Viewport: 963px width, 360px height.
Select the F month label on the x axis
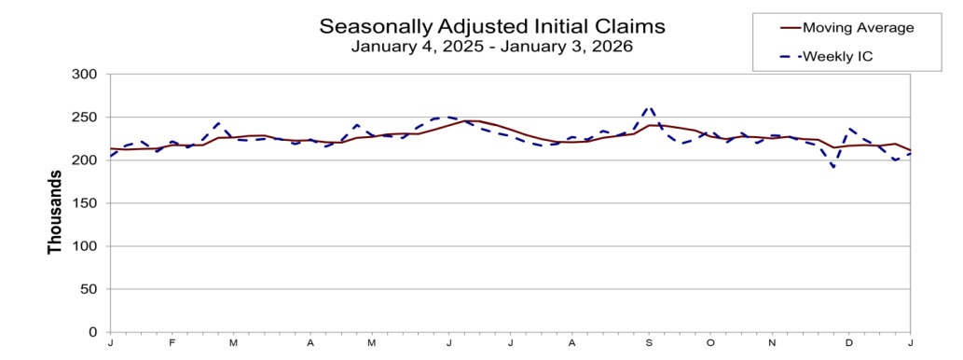tap(172, 343)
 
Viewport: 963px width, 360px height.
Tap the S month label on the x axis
tap(649, 343)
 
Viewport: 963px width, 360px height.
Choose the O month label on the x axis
tap(710, 343)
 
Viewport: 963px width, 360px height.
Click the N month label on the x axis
tap(772, 343)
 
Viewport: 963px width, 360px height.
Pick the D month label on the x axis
tap(848, 343)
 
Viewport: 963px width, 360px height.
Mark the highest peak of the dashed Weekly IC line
tap(651, 106)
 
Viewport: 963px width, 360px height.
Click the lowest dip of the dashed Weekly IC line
tap(834, 168)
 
